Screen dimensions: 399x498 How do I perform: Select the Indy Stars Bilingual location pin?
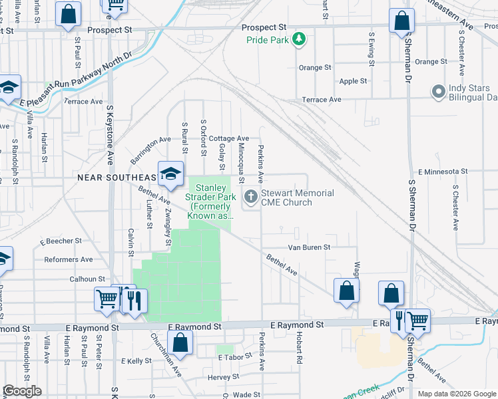point(438,91)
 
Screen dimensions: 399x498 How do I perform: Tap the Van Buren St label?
point(309,247)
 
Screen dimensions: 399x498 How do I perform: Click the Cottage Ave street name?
point(228,138)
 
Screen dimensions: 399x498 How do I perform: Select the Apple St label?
point(354,81)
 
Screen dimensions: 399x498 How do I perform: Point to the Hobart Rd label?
point(300,348)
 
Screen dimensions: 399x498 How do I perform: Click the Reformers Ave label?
point(69,259)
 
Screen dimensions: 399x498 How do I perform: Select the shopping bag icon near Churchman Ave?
point(180,344)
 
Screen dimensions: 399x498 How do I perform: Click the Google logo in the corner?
point(23,391)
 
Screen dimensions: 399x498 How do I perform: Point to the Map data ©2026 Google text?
point(455,394)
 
